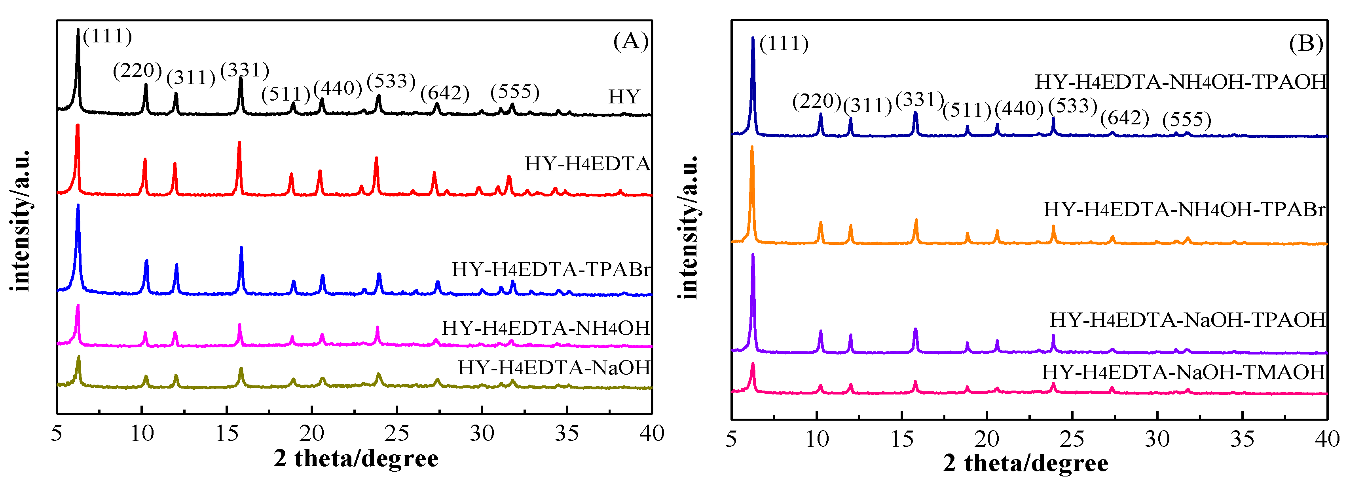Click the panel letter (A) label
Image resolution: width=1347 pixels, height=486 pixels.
[x=631, y=41]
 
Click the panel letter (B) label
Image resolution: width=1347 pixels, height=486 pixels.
[x=1306, y=44]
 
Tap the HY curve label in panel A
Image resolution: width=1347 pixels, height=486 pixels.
[x=624, y=97]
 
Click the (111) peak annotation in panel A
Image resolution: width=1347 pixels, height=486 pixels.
[x=108, y=36]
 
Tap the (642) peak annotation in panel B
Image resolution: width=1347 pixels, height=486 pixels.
[x=1124, y=118]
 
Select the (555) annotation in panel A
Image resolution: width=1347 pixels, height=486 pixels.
[x=514, y=91]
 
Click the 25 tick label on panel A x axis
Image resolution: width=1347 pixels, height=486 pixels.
[x=397, y=433]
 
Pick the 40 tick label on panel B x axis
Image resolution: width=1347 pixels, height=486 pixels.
[x=1326, y=439]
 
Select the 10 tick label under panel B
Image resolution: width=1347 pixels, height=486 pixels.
[x=816, y=439]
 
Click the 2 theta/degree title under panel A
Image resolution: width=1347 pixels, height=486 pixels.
[x=356, y=458]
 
